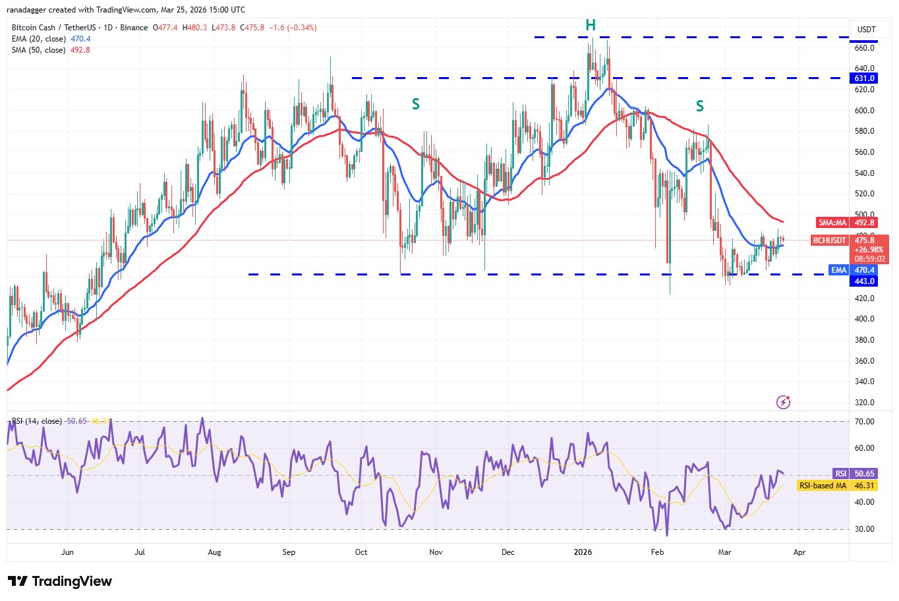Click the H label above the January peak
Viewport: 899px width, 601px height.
tap(591, 25)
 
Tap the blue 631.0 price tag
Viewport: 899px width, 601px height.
tap(864, 78)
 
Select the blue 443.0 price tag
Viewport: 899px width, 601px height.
tap(864, 281)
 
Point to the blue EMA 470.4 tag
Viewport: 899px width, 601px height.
tap(854, 270)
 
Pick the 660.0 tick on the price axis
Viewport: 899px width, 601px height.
tap(865, 48)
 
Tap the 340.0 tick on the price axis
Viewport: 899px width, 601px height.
tap(865, 382)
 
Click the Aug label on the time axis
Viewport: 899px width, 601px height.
tap(214, 552)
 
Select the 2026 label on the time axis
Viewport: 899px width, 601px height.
tap(583, 552)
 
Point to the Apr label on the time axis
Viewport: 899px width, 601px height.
tap(799, 552)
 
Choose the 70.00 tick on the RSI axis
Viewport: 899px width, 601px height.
tap(864, 422)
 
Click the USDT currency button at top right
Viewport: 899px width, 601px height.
tap(866, 30)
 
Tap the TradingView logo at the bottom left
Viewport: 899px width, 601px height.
tap(60, 581)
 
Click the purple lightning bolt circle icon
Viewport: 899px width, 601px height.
tap(783, 402)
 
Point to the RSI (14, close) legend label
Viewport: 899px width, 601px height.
tap(37, 421)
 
